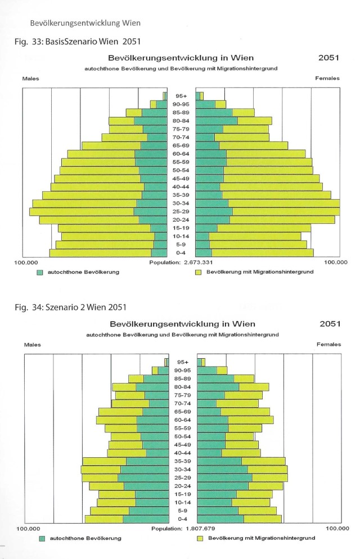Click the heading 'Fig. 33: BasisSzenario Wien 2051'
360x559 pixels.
click(78, 42)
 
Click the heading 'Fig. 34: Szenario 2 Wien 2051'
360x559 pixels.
click(70, 307)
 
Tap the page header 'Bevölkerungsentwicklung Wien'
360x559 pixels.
click(85, 23)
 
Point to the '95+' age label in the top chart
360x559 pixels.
click(181, 96)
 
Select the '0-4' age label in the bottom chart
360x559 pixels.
click(182, 519)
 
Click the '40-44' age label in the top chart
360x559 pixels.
click(181, 187)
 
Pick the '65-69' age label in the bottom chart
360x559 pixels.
click(182, 412)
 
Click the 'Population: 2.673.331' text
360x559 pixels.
click(181, 263)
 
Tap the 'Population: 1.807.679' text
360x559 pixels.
click(183, 528)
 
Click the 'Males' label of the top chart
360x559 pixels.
click(30, 78)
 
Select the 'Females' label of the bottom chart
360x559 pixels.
click(328, 344)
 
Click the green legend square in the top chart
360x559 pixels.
click(40, 272)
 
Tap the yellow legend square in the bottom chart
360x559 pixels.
click(200, 538)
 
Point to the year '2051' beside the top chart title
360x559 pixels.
click(328, 58)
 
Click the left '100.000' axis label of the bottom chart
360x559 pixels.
click(29, 528)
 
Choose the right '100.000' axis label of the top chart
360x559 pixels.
click(336, 263)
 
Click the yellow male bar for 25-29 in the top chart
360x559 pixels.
click(82, 212)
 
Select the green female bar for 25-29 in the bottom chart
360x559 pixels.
click(224, 477)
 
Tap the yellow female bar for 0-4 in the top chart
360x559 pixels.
click(263, 253)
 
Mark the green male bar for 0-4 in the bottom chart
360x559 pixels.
click(146, 519)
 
